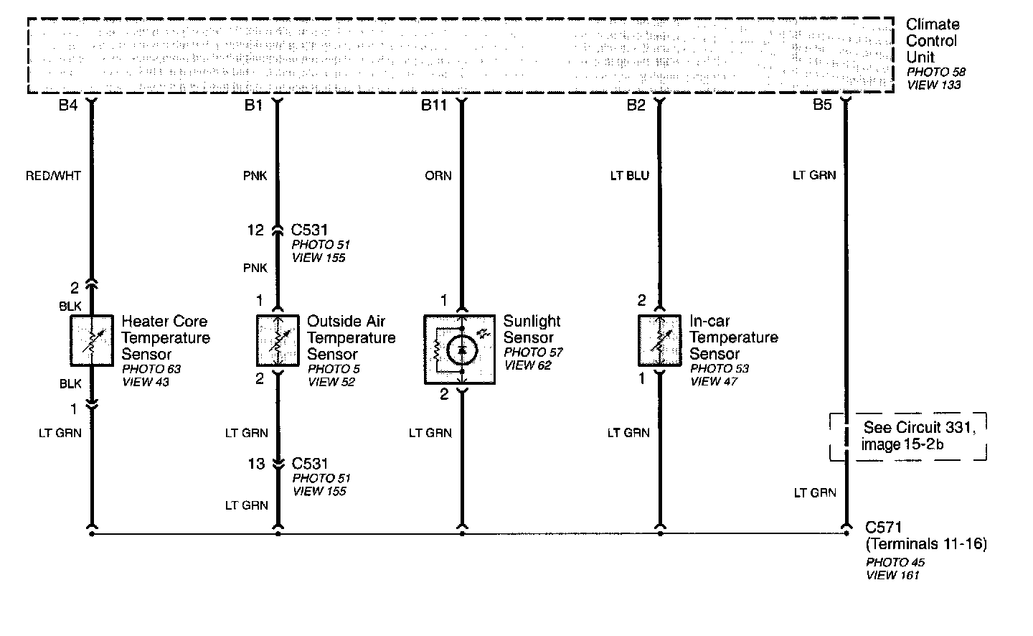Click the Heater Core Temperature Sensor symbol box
[x=92, y=340]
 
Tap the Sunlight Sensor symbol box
[x=459, y=349]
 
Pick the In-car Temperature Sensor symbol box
[x=659, y=340]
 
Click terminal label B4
[x=67, y=106]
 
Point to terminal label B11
[x=434, y=106]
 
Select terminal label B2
[x=636, y=106]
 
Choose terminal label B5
[x=822, y=106]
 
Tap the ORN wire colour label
[x=438, y=175]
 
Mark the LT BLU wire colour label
[x=630, y=175]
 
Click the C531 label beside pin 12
[x=310, y=230]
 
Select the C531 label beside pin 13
[x=310, y=464]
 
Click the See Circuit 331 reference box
[x=909, y=436]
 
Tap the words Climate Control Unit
[x=932, y=41]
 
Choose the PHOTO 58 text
[x=936, y=73]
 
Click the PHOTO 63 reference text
[x=151, y=369]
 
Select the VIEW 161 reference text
[x=892, y=575]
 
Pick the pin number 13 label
[x=256, y=464]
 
